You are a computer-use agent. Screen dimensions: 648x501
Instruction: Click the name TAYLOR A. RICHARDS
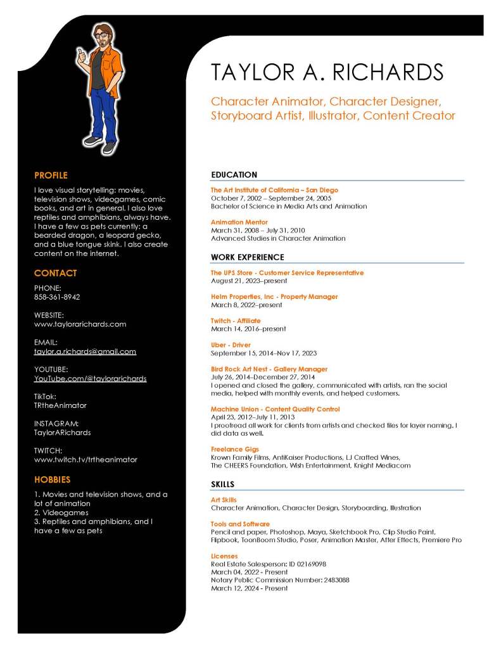click(x=327, y=72)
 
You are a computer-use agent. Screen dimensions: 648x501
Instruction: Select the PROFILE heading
click(x=51, y=175)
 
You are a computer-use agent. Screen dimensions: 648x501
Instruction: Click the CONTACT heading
click(x=55, y=273)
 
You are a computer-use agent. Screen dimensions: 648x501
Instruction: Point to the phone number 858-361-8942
click(x=57, y=296)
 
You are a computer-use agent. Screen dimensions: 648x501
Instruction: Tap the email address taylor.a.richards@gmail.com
click(x=85, y=351)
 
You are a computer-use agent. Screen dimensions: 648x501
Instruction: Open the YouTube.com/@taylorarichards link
click(x=90, y=378)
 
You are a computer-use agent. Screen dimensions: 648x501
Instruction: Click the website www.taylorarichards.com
click(x=80, y=324)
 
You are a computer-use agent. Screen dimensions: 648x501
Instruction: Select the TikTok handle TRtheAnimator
click(x=60, y=405)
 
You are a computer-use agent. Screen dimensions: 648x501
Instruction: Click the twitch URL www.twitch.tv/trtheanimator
click(x=86, y=459)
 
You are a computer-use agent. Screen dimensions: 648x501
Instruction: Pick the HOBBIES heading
click(x=52, y=480)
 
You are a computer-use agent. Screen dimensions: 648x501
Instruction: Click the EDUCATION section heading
click(x=234, y=175)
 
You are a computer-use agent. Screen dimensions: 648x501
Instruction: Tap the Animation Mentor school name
click(x=239, y=222)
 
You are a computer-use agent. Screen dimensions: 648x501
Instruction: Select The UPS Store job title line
click(x=287, y=273)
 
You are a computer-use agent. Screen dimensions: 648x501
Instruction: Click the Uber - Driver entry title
click(x=231, y=345)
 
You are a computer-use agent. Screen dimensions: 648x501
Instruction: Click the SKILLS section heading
click(x=222, y=484)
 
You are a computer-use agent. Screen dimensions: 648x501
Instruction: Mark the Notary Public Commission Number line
click(x=280, y=580)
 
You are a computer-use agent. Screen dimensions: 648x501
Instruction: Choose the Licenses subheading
click(x=224, y=556)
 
